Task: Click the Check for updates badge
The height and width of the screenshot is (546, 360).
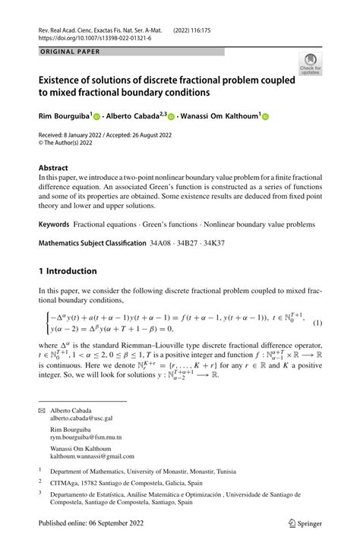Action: coord(310,64)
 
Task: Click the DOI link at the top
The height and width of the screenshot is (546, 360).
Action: coord(90,36)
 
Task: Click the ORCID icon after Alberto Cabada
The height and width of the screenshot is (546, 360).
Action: coord(172,118)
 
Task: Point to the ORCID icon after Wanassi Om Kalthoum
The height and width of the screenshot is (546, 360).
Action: coord(265,118)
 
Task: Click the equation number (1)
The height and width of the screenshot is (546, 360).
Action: coord(317,323)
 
